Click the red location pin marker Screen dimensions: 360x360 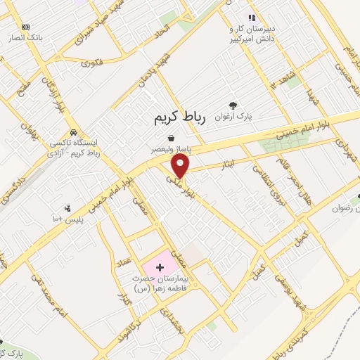pyautogui.click(x=181, y=166)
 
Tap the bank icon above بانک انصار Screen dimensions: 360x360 pyautogui.click(x=26, y=26)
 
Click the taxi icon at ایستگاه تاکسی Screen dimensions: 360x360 pyautogui.click(x=73, y=132)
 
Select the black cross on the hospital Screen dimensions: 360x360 pyautogui.click(x=160, y=267)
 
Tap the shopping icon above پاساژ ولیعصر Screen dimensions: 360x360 pyautogui.click(x=172, y=139)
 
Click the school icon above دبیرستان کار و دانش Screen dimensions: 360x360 pyautogui.click(x=250, y=18)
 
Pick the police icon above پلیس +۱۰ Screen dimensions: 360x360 pyautogui.click(x=67, y=207)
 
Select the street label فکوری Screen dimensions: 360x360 pyautogui.click(x=91, y=63)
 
